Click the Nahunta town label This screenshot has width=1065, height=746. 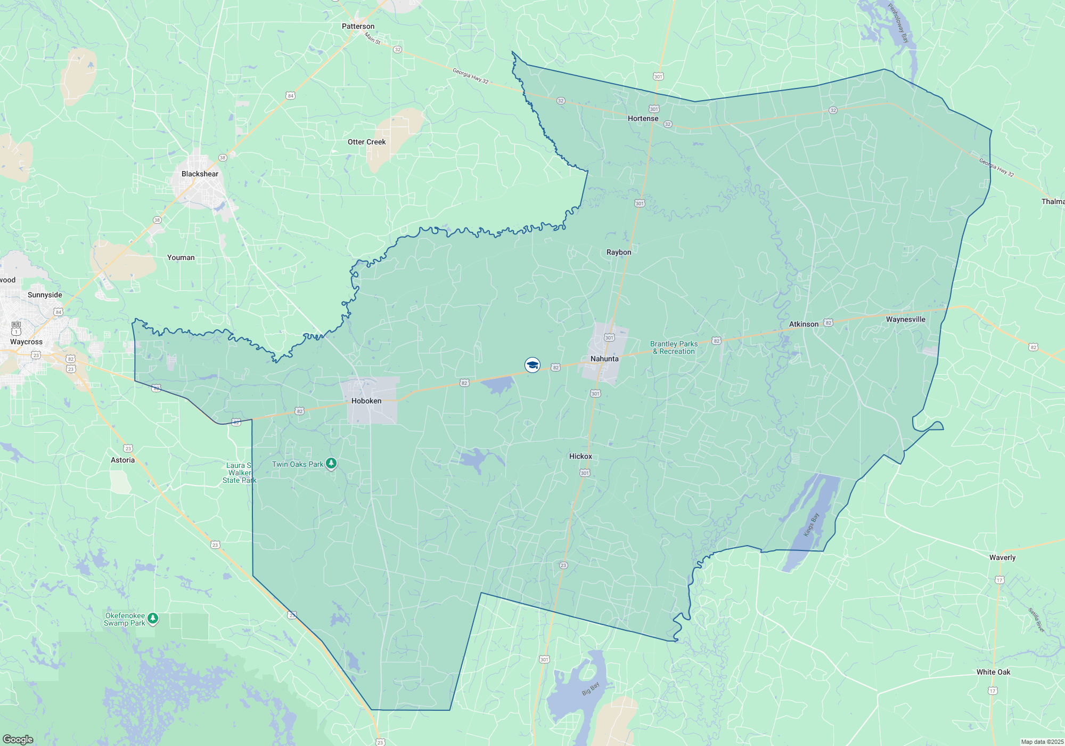click(x=604, y=359)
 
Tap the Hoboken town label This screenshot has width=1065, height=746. click(x=366, y=401)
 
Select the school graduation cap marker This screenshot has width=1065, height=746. click(x=532, y=364)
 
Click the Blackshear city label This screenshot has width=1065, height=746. click(x=200, y=174)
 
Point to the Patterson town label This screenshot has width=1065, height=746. click(x=358, y=26)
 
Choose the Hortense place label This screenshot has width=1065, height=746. click(x=643, y=118)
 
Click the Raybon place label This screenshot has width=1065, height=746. click(x=619, y=252)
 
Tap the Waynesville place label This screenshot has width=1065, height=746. click(x=905, y=319)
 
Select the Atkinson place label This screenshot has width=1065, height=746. click(x=804, y=324)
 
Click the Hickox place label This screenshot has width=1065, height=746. click(x=580, y=456)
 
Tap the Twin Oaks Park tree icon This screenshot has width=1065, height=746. click(x=331, y=464)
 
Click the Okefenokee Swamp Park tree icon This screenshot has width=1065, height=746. click(x=153, y=618)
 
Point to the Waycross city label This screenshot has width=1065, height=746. click(x=26, y=342)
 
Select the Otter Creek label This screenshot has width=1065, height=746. click(x=366, y=142)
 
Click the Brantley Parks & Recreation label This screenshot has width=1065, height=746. click(x=674, y=347)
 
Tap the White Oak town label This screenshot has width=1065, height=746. click(x=993, y=672)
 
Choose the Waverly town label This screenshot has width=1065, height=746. click(x=1002, y=557)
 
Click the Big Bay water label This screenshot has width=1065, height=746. click(x=591, y=688)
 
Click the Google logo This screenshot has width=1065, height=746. click(x=18, y=740)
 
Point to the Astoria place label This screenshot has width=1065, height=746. click(x=122, y=460)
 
